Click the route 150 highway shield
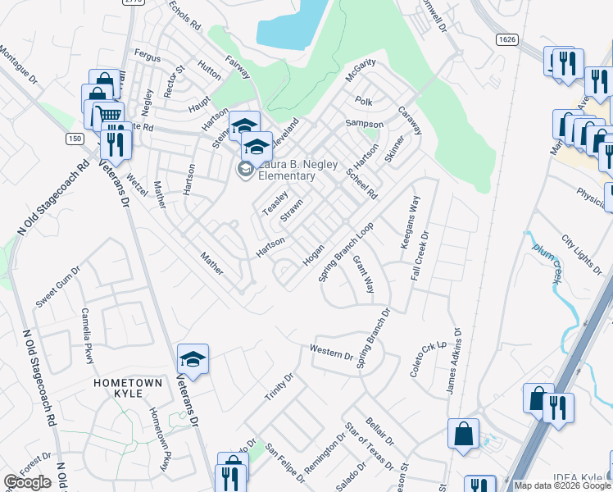75,139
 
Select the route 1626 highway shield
506,39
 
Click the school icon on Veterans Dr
193,359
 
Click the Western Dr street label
331,353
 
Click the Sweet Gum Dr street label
58,286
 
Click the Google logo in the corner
27,482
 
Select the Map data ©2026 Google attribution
561,485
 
